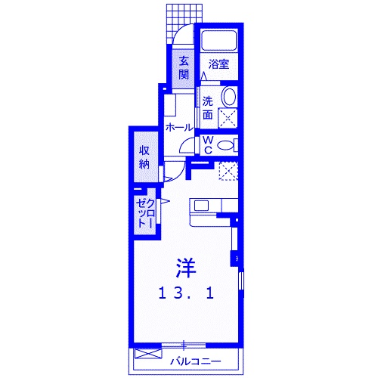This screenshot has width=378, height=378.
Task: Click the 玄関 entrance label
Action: [184, 68]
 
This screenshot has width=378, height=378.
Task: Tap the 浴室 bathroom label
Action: [218, 65]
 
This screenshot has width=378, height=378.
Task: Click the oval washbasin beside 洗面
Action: [228, 98]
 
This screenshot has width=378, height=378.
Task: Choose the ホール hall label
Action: [178, 128]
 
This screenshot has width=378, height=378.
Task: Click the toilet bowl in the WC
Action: [226, 145]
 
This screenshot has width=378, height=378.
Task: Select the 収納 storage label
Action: [144, 156]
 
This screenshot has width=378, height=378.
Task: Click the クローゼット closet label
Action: [145, 214]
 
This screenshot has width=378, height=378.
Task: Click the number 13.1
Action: [186, 293]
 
